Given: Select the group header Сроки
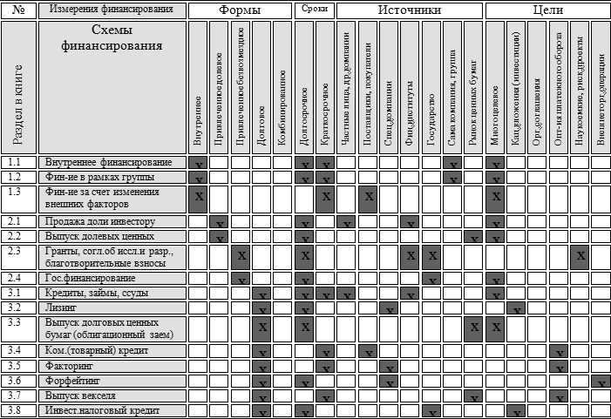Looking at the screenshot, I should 313,10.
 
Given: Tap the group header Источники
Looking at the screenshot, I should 409,10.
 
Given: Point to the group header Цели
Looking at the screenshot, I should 547,10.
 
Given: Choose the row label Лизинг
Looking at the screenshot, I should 61,307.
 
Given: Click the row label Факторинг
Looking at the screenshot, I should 70,365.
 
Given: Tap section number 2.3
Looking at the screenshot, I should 16,251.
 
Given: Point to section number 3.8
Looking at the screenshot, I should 16,409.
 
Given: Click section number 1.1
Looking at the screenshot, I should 16,162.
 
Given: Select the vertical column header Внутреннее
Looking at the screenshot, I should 199,118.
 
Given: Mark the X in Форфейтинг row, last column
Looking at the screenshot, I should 601,382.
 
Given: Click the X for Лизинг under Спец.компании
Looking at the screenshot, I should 388,308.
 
